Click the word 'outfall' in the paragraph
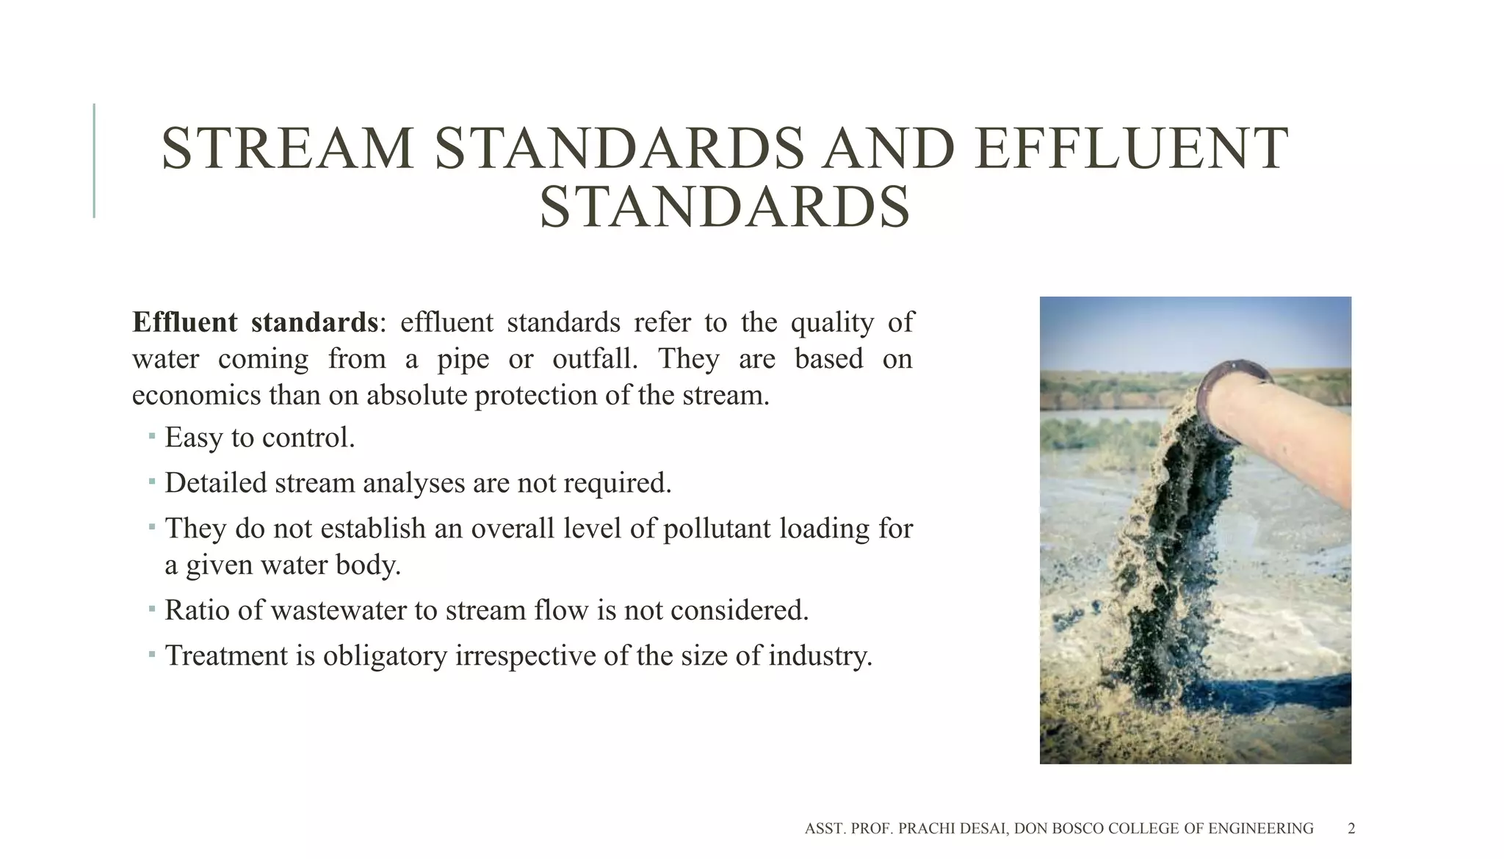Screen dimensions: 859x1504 [594, 359]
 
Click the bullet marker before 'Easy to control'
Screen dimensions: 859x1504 [151, 437]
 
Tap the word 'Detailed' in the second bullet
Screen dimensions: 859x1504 [215, 483]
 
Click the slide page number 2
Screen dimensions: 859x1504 [1351, 829]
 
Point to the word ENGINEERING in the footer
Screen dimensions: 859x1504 [1260, 829]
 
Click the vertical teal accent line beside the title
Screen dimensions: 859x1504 [94, 161]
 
